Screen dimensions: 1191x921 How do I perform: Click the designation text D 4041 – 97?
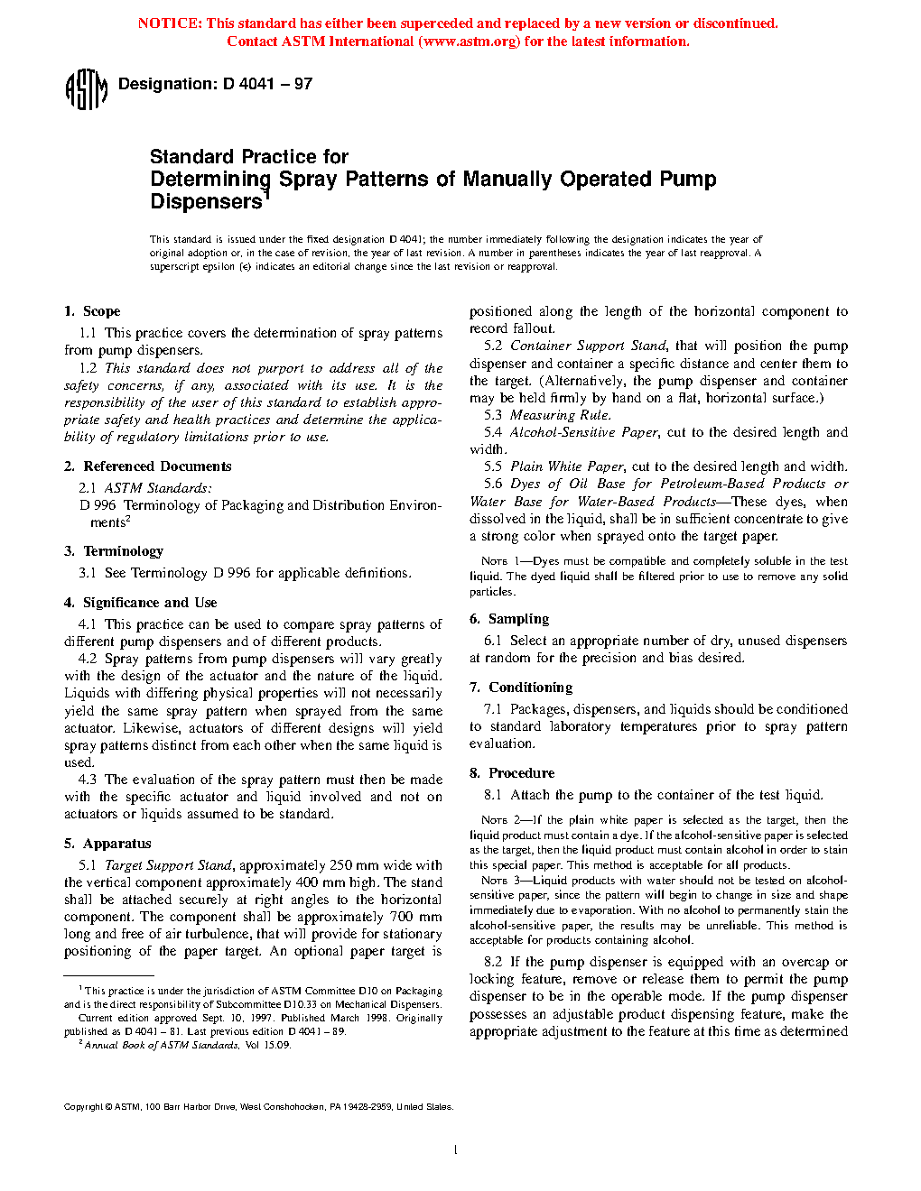(x=215, y=84)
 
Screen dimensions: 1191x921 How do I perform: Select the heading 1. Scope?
(x=92, y=311)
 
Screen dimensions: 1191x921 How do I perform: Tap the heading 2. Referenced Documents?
(x=148, y=466)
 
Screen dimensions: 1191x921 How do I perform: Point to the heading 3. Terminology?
(x=114, y=551)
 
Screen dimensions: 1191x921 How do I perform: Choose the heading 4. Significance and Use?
(x=141, y=603)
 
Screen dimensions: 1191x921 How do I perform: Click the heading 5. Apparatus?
(x=107, y=844)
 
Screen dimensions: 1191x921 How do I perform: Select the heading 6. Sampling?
(x=509, y=619)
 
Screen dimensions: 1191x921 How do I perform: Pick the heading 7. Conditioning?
(x=521, y=688)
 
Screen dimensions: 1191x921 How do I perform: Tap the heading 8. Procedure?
(x=512, y=773)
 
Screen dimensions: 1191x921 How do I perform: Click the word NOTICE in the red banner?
(x=169, y=23)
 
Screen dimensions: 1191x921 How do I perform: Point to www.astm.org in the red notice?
(x=470, y=42)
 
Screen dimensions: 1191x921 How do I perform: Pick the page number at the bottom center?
(x=456, y=1149)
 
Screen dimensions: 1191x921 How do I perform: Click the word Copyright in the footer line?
(x=83, y=1107)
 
